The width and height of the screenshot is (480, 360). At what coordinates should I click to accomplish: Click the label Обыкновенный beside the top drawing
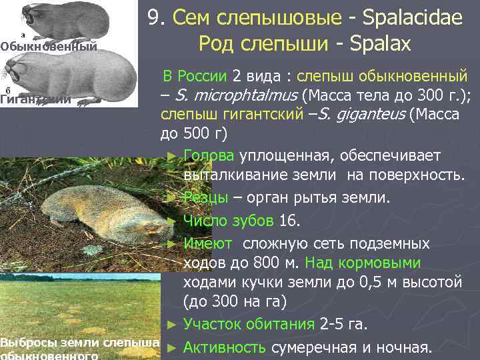[49, 46]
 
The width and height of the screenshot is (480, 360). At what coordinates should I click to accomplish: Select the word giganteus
[370, 115]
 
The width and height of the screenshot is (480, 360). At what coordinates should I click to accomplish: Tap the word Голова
[208, 155]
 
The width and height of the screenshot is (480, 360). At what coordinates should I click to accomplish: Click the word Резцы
[205, 198]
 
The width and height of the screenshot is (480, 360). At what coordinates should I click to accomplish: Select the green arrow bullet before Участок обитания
[171, 325]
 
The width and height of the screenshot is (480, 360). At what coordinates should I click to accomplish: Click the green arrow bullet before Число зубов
[171, 220]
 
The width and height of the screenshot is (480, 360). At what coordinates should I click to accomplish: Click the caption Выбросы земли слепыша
[80, 342]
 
